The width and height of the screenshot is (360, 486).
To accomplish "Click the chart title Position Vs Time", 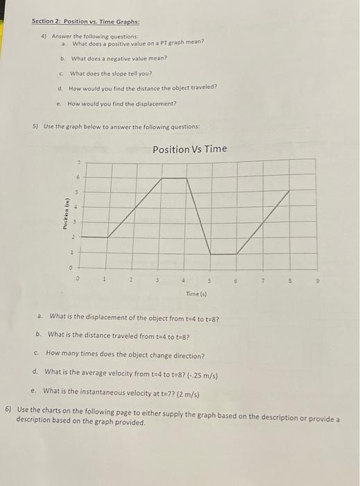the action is pos(189,149).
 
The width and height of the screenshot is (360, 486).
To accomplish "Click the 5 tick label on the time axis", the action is pos(209,281).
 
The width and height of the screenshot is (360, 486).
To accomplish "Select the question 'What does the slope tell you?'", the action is pos(110,73).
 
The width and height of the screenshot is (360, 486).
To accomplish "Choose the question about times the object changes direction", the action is pos(125,355).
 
